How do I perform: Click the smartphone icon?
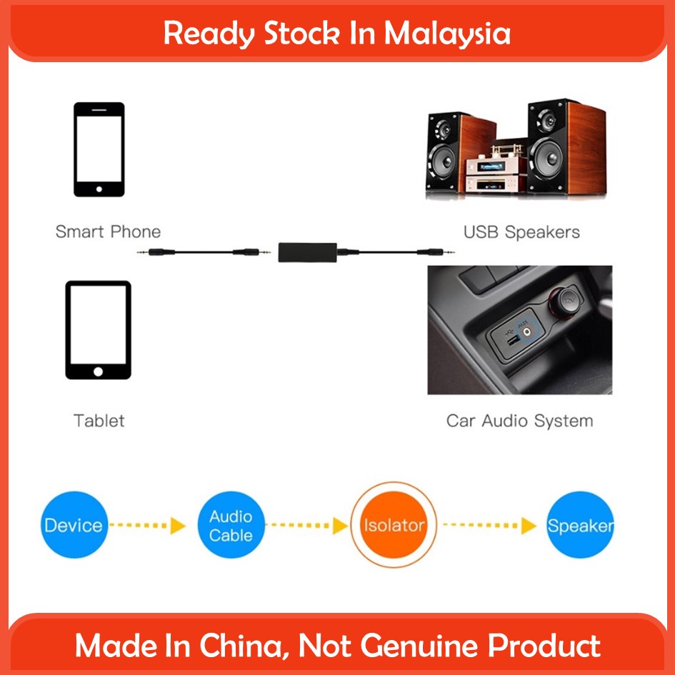pos(99,149)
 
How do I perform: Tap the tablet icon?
pos(99,329)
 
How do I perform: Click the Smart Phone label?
pos(108,232)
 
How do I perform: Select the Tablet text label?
pos(99,421)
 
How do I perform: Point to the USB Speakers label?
pos(521,232)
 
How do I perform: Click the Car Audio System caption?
pos(519,421)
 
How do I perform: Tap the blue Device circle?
pos(73,526)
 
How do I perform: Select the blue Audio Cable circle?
pos(231,526)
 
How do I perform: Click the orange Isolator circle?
pos(394,526)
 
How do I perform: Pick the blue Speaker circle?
pos(579,526)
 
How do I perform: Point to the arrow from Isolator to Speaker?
pos(490,526)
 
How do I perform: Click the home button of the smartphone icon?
pos(99,190)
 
